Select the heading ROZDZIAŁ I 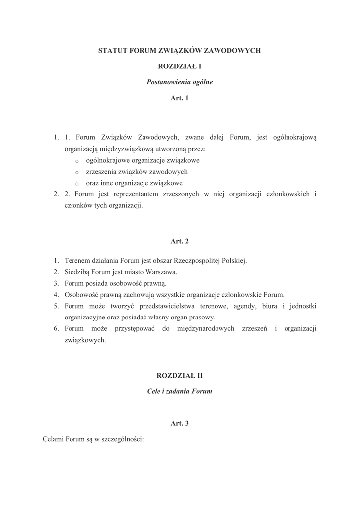click(x=179, y=66)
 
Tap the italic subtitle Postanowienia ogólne click(x=179, y=82)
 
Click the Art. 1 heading click(x=179, y=98)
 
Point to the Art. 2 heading click(x=179, y=241)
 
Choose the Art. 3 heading click(x=179, y=423)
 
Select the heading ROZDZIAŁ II click(x=179, y=376)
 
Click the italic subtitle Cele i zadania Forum click(x=179, y=391)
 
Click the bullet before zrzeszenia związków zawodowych click(x=77, y=172)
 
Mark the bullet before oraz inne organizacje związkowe click(x=77, y=183)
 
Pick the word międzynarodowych click(x=206, y=329)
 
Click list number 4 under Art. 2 click(x=57, y=295)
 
